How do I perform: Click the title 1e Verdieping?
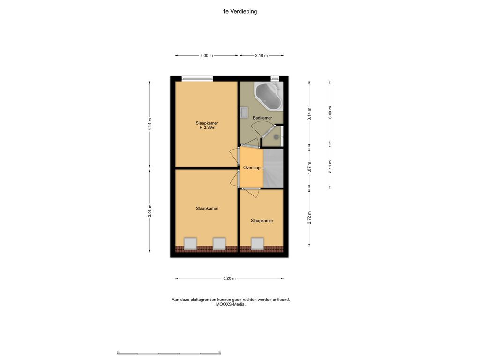(x=240, y=12)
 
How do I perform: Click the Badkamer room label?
(x=262, y=118)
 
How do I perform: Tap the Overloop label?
(x=252, y=168)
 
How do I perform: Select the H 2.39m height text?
(x=207, y=127)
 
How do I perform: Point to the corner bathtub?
(x=268, y=96)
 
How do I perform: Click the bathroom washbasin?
(x=244, y=112)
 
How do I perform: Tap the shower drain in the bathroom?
(x=277, y=137)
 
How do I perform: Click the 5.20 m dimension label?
(x=229, y=278)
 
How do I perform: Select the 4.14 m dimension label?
(x=150, y=125)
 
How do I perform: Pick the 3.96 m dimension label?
(x=150, y=210)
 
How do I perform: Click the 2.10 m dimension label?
(x=262, y=56)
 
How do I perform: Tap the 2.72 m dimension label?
(x=309, y=217)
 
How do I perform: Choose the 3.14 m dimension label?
(x=309, y=113)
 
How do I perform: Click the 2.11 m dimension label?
(x=330, y=167)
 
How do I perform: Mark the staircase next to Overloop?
(x=273, y=168)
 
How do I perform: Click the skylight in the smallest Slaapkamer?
(x=257, y=243)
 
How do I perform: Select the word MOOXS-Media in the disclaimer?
(x=231, y=305)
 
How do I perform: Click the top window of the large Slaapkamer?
(x=197, y=79)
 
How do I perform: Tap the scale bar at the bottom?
(x=169, y=353)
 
